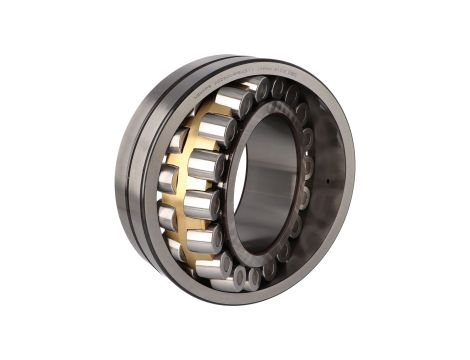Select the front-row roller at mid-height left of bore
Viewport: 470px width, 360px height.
(200, 205)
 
